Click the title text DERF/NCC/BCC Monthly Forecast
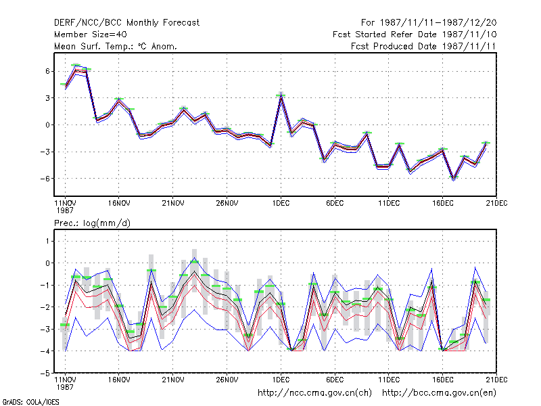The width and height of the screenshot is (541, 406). point(126,23)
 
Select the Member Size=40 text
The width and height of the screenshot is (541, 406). point(91,35)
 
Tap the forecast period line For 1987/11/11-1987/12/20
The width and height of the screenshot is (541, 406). point(429,23)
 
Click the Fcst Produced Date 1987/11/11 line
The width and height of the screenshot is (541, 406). point(423,46)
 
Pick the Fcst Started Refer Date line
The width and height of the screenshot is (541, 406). point(415,35)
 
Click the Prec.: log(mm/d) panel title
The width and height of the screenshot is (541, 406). point(92,223)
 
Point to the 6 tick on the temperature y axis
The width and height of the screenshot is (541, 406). point(47,71)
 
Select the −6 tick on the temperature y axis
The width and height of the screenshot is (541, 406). point(45,179)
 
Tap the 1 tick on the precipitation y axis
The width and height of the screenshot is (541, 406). point(47,241)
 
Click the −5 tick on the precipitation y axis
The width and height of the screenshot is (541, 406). point(45,374)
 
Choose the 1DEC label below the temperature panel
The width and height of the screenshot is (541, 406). point(281,204)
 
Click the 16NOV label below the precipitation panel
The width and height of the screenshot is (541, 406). point(119,380)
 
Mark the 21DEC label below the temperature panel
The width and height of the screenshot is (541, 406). point(496,204)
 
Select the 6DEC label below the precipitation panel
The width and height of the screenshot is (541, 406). point(335,380)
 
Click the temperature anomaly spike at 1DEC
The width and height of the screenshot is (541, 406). point(281,96)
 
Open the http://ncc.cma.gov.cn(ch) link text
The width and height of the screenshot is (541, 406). point(314,393)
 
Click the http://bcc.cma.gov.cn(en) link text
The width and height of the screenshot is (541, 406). point(439,393)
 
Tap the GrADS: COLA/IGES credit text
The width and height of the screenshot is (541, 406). point(31,402)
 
